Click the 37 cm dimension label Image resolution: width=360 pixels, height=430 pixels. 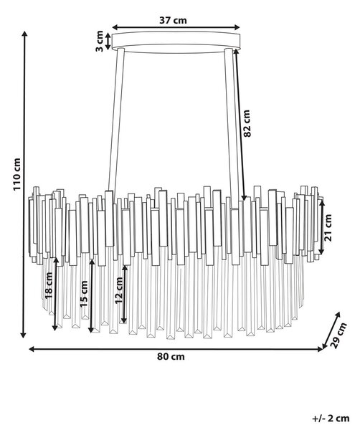pyautogui.click(x=173, y=20)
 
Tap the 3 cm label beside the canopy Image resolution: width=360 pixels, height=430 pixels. pyautogui.click(x=100, y=41)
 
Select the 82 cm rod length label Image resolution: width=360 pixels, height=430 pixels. pyautogui.click(x=247, y=123)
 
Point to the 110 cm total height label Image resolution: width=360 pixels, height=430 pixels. pyautogui.click(x=17, y=174)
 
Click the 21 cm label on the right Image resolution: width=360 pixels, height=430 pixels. pyautogui.click(x=328, y=228)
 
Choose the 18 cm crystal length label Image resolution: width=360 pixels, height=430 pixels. pyautogui.click(x=49, y=285)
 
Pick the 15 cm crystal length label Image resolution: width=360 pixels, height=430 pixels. pyautogui.click(x=84, y=294)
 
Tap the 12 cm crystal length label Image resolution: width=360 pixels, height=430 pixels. pyautogui.click(x=119, y=290)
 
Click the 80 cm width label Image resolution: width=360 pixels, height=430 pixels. pyautogui.click(x=171, y=357)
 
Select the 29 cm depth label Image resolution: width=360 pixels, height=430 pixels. pyautogui.click(x=339, y=335)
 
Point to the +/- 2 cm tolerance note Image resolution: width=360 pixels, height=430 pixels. pyautogui.click(x=331, y=419)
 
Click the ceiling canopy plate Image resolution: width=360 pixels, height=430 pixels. pyautogui.click(x=176, y=42)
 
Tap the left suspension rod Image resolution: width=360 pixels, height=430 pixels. pyautogui.click(x=115, y=120)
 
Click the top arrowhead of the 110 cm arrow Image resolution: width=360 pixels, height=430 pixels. pyautogui.click(x=24, y=34)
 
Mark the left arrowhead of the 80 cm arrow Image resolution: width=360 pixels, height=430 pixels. pyautogui.click(x=32, y=349)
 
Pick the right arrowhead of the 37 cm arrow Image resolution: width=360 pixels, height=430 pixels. pyautogui.click(x=237, y=27)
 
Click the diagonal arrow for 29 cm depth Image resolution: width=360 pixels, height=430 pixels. pyautogui.click(x=331, y=330)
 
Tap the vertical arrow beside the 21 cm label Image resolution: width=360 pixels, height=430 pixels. pyautogui.click(x=321, y=226)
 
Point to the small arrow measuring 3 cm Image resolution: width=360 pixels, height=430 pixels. pyautogui.click(x=108, y=42)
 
